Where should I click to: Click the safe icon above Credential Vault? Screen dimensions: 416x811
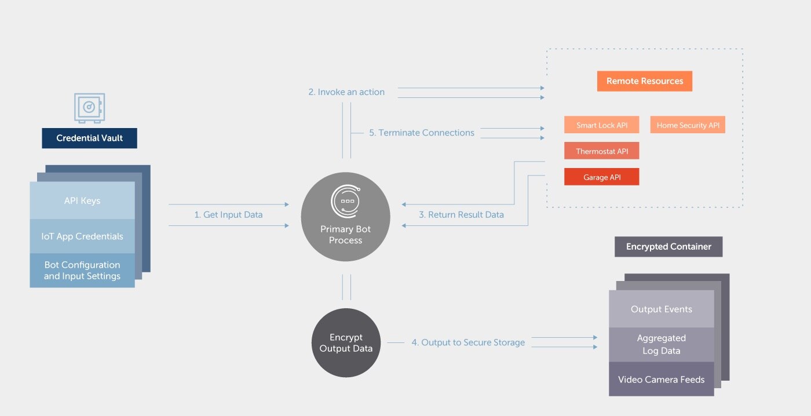click(x=89, y=108)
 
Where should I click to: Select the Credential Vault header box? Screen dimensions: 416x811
click(x=89, y=138)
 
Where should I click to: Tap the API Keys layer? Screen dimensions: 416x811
click(x=82, y=201)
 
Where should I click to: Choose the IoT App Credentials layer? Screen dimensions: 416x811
click(x=82, y=236)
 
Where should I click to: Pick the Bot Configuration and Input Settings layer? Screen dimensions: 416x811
click(x=82, y=271)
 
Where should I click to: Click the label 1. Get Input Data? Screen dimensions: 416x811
click(x=228, y=215)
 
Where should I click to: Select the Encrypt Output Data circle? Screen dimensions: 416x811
click(x=346, y=343)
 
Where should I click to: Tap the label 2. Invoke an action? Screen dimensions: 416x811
click(x=346, y=92)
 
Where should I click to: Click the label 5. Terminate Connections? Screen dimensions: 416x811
click(x=422, y=133)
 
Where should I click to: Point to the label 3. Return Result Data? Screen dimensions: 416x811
click(x=461, y=215)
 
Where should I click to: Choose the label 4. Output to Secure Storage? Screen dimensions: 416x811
click(x=468, y=342)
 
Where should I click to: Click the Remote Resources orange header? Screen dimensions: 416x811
click(x=644, y=81)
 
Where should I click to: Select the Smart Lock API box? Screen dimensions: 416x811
click(x=601, y=125)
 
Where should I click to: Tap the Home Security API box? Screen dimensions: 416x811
click(x=688, y=125)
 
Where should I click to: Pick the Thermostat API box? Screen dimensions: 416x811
click(x=601, y=151)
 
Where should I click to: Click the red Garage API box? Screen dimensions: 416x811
click(x=601, y=177)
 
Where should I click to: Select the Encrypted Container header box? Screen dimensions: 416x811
click(x=668, y=247)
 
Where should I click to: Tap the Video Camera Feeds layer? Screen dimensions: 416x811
click(x=661, y=380)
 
